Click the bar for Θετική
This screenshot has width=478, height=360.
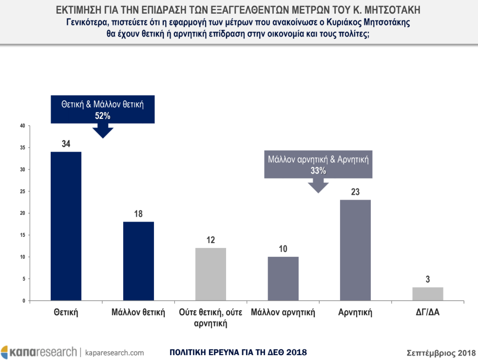pos(66,226)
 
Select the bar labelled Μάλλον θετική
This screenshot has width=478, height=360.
pos(138,261)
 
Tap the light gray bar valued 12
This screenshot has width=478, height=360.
pos(210,274)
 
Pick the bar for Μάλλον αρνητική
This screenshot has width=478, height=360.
pos(283,279)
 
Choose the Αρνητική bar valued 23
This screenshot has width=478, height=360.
pos(355,250)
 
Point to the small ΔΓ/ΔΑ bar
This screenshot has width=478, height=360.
pos(428,294)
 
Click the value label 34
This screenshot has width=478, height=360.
pos(66,144)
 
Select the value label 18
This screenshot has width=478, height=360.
pos(138,214)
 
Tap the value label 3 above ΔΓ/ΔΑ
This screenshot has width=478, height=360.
pos(428,280)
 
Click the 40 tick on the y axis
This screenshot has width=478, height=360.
pos(22,126)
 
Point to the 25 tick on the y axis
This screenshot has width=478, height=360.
pos(22,191)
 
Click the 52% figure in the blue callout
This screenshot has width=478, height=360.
pos(103,116)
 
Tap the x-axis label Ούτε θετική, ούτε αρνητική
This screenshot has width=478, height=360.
pos(210,317)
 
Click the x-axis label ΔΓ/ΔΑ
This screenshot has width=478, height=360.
pos(428,312)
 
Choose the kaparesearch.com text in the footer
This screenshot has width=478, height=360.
pos(115,352)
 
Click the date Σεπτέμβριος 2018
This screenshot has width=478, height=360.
pos(441,352)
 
